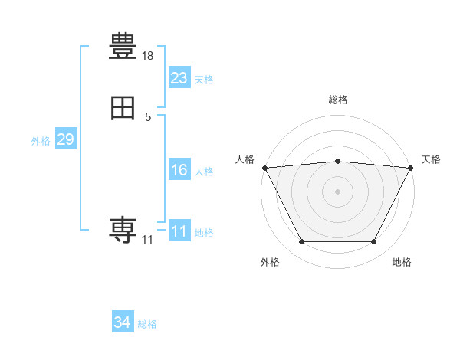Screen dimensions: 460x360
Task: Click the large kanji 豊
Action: (123, 46)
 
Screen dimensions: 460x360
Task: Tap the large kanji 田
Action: (123, 108)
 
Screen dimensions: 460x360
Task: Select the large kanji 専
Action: (123, 230)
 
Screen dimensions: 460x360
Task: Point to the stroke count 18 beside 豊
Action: (147, 56)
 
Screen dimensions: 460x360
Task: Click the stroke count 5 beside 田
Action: (148, 117)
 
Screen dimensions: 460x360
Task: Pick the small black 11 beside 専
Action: (147, 240)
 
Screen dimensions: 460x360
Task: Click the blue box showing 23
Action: (179, 77)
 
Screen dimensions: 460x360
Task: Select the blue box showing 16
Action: (179, 169)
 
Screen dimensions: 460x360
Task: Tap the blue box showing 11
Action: (179, 230)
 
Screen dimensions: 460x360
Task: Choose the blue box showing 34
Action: (123, 321)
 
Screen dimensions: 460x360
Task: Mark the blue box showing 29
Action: (66, 139)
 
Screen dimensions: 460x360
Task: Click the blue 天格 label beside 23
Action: (204, 80)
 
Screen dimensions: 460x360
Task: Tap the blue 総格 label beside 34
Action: (147, 324)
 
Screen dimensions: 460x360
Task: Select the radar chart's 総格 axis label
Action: (338, 100)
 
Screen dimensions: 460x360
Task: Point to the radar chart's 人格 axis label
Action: (245, 159)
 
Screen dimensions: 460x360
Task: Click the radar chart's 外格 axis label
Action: (270, 262)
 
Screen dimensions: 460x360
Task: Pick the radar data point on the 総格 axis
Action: (337, 162)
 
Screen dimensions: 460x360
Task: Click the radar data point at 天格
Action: (410, 168)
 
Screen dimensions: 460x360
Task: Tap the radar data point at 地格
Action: (373, 241)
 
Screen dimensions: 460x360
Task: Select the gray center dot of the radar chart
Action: (337, 191)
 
